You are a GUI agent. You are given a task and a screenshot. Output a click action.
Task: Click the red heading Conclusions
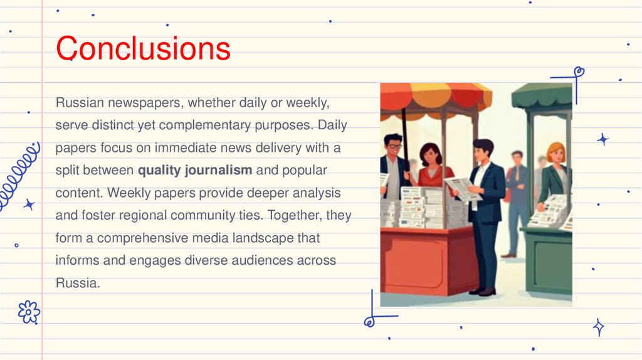tap(143, 48)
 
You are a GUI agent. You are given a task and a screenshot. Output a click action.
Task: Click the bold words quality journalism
tap(195, 170)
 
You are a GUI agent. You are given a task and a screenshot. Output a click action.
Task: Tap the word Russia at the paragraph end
tap(77, 283)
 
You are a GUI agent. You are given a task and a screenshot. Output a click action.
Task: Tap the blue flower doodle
tap(29, 312)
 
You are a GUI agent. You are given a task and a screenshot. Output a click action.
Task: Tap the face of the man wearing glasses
tap(393, 146)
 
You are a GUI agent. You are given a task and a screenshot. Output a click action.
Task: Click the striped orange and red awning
tap(436, 97)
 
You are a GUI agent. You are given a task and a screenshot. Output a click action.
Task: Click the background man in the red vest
tap(517, 182)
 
